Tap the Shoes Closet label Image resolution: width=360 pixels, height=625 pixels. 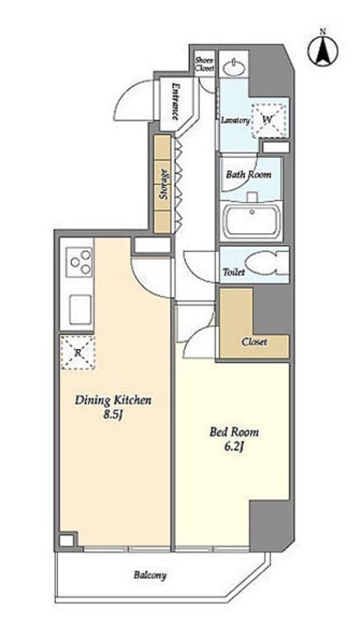coord(205,64)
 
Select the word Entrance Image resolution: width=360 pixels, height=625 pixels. coord(174,102)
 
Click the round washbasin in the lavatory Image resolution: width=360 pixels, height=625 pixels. coord(234,67)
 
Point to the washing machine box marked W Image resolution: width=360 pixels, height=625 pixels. coord(269,120)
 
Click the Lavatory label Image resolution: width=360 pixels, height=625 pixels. coord(235,120)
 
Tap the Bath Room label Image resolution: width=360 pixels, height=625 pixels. coord(248,174)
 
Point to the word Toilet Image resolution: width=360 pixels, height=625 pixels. coord(233,273)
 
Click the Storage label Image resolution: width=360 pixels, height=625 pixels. coord(162,184)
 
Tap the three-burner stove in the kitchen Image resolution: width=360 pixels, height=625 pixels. coord(79,262)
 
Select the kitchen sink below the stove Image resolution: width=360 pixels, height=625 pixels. coord(80,309)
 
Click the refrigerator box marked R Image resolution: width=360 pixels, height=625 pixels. coord(77,352)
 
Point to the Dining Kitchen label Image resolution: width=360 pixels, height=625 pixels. coord(113,401)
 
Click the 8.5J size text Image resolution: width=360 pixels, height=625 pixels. coord(112,415)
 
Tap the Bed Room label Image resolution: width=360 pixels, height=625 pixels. coord(234,432)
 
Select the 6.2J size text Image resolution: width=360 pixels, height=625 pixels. coord(234,447)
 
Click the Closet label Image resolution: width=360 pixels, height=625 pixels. coord(254,342)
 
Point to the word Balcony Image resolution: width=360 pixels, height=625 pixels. coord(150,576)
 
